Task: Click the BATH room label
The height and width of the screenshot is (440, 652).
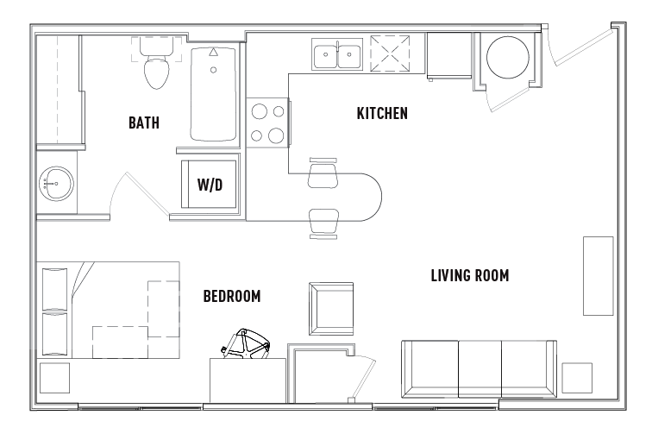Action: click(x=144, y=123)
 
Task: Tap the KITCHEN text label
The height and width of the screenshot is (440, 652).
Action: click(x=382, y=113)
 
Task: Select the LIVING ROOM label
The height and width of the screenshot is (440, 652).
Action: click(x=469, y=276)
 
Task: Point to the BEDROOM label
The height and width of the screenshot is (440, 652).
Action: click(x=232, y=297)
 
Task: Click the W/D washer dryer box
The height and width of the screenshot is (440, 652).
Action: click(x=210, y=184)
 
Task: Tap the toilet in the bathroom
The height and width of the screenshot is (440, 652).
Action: click(x=156, y=68)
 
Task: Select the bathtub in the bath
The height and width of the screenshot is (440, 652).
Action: click(x=214, y=95)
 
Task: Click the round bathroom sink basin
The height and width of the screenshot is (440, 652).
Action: click(x=56, y=182)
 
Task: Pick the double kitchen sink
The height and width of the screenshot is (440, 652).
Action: click(x=337, y=55)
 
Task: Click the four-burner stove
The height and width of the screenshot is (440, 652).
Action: click(x=266, y=123)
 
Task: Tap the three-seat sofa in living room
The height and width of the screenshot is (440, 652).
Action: click(x=478, y=368)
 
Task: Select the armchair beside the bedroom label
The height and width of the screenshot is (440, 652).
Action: click(x=330, y=308)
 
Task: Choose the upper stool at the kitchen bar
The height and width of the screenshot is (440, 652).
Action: click(x=323, y=173)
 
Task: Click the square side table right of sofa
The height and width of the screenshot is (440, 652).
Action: click(x=577, y=377)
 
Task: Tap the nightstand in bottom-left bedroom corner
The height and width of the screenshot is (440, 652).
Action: click(x=55, y=377)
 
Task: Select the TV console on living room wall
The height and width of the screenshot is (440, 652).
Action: click(x=597, y=275)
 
